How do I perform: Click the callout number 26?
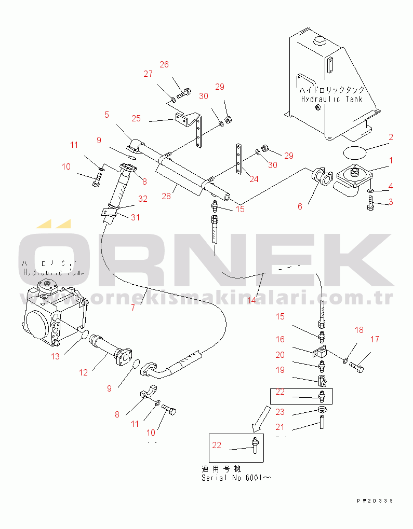pyautogui.click(x=164, y=65)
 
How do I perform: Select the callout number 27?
pyautogui.click(x=148, y=74)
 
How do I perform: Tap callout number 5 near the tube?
pyautogui.click(x=106, y=115)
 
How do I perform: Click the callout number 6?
pyautogui.click(x=300, y=206)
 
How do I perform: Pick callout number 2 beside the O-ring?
pyautogui.click(x=391, y=137)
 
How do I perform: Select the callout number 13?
pyautogui.click(x=56, y=356)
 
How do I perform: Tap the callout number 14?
pyautogui.click(x=252, y=300)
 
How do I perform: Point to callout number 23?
pyautogui.click(x=280, y=413)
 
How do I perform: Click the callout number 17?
pyautogui.click(x=375, y=340)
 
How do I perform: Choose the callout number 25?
pyautogui.click(x=136, y=119)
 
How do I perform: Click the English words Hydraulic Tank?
pyautogui.click(x=332, y=99)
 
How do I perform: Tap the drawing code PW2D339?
pyautogui.click(x=375, y=501)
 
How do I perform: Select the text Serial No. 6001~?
pyautogui.click(x=236, y=478)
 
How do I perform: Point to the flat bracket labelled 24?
pyautogui.click(x=238, y=160)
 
